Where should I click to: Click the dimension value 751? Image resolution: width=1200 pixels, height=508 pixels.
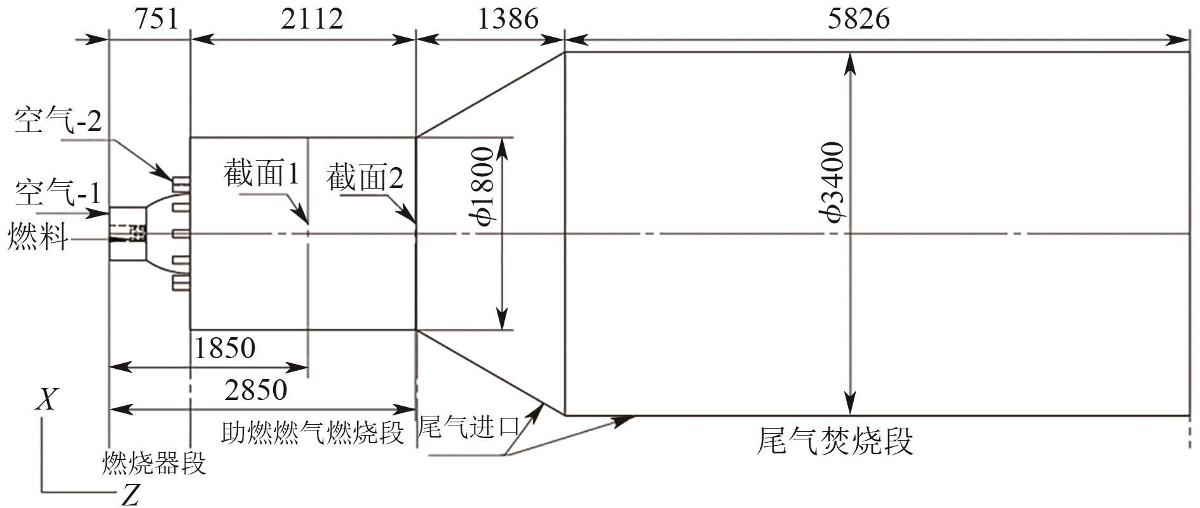point(156,19)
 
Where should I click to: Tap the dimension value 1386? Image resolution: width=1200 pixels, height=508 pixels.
point(507,19)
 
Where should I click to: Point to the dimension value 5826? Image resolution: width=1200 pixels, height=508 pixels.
point(858,19)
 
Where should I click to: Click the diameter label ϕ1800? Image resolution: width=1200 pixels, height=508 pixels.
point(484,186)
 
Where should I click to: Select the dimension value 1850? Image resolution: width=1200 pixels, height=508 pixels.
point(224,348)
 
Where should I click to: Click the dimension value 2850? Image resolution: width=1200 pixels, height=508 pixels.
point(255,389)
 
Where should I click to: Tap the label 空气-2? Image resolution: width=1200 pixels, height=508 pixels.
point(58,121)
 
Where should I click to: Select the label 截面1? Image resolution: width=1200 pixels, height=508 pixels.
point(261,173)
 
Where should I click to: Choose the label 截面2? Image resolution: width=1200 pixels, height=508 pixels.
point(365,178)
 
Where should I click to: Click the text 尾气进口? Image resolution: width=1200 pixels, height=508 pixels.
point(469,427)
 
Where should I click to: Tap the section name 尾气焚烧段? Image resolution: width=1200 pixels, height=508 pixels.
point(835,441)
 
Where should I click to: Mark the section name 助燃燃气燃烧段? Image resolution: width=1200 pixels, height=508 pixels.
point(313,433)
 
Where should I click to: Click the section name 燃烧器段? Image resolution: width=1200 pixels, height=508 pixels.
point(154,463)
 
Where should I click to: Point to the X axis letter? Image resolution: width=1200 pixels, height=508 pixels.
point(46,401)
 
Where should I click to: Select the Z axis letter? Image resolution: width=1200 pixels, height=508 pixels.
point(130,495)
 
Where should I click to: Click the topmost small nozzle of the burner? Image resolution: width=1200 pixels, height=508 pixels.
point(181,183)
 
